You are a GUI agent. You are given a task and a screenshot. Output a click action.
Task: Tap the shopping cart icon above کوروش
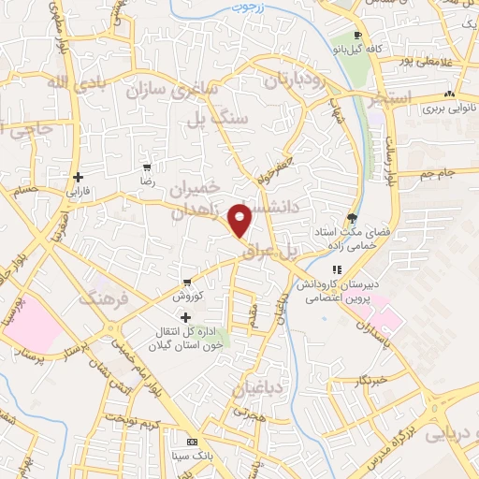(187, 282)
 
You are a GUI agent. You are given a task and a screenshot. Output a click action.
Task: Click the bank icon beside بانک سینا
(193, 441)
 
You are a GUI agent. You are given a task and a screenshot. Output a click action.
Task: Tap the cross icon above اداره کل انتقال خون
(185, 318)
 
